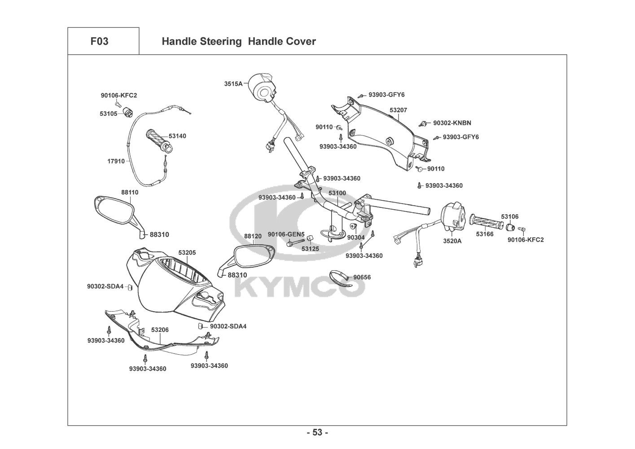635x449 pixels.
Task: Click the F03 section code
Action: (99, 42)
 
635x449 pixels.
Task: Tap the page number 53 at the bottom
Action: (317, 433)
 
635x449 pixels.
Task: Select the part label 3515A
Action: (233, 84)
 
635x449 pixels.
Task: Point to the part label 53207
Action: (398, 110)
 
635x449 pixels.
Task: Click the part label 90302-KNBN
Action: (452, 123)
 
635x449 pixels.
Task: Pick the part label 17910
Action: (116, 161)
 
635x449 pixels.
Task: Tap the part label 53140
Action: (177, 136)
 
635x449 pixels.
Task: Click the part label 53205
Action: (187, 253)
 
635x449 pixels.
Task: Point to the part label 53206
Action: (160, 330)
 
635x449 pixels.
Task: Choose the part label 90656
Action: (362, 277)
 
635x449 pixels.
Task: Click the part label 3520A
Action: (452, 241)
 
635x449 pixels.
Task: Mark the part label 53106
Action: (509, 216)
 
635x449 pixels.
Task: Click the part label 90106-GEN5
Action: (286, 234)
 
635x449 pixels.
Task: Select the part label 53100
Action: (337, 193)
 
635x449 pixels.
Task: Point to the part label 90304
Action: (356, 237)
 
